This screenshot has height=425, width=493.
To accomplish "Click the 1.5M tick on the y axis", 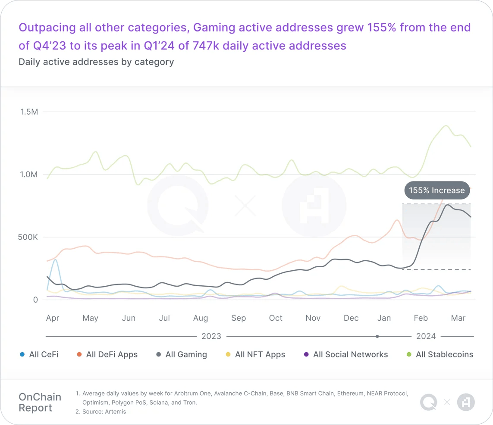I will click(29, 112).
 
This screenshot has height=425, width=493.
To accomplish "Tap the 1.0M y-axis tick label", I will click(29, 175).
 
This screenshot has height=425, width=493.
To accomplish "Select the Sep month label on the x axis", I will click(239, 318).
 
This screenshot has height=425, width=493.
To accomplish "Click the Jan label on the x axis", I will click(384, 318).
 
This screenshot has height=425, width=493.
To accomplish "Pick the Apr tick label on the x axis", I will click(53, 318).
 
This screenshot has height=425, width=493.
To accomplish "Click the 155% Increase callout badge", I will click(436, 191).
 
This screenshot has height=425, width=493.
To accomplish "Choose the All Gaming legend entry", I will click(186, 355).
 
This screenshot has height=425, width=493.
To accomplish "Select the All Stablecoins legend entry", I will click(444, 355).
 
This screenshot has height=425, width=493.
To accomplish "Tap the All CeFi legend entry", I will click(44, 355).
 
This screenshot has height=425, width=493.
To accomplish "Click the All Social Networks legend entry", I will click(350, 355).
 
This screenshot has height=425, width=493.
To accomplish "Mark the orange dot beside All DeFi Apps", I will click(79, 355).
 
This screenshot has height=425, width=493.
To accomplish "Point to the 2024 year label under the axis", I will click(426, 336).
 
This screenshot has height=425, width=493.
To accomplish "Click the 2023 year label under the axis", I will click(211, 336).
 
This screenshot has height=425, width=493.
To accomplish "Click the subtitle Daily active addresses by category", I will click(96, 62).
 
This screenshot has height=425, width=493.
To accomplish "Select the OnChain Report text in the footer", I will click(40, 403).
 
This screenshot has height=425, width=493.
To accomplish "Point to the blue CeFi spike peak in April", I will click(55, 260).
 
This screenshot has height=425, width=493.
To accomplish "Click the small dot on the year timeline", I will click(377, 336).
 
